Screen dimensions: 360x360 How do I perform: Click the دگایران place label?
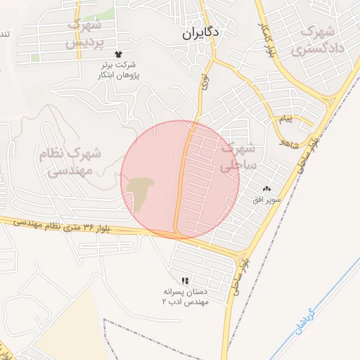(x=200, y=32)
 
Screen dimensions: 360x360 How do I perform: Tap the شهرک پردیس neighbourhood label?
(x=84, y=33)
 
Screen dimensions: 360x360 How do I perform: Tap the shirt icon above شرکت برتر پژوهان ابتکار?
(x=117, y=53)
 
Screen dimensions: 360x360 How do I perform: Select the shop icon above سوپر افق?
(x=266, y=188)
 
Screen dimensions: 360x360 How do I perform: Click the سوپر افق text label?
(x=267, y=200)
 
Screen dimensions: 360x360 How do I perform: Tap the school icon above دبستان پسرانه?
(x=185, y=280)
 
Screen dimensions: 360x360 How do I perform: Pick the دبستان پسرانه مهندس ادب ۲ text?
(x=185, y=296)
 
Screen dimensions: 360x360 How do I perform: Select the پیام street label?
(x=285, y=119)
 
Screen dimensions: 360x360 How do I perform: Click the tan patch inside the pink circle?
(x=140, y=191)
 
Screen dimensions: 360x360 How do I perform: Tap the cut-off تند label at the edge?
(x=4, y=34)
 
